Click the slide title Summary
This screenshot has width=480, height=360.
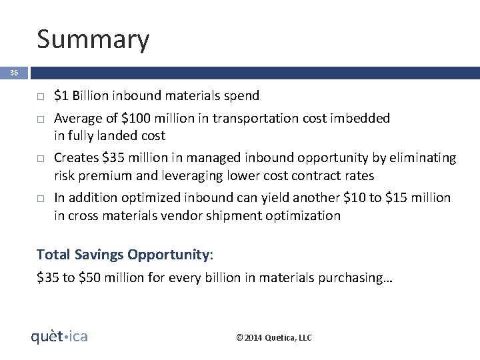(93, 40)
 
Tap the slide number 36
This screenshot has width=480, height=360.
(13, 73)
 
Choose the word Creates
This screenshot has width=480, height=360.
(75, 159)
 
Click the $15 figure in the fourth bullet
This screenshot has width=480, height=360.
(391, 198)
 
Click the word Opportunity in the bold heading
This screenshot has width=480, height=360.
(168, 255)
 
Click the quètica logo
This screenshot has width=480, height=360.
(60, 337)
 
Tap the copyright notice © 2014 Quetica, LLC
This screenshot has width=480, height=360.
(274, 338)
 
